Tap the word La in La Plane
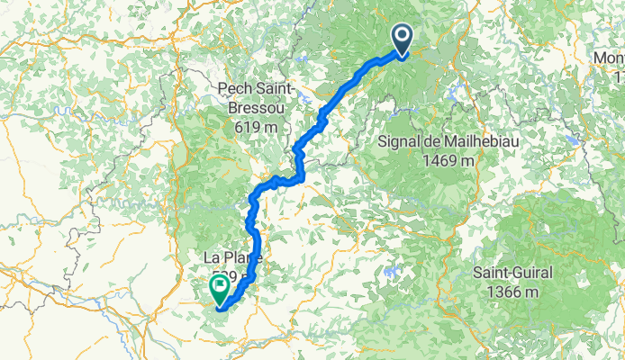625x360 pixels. [212, 260]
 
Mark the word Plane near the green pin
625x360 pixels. [241, 260]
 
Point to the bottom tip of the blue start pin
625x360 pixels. [401, 55]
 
